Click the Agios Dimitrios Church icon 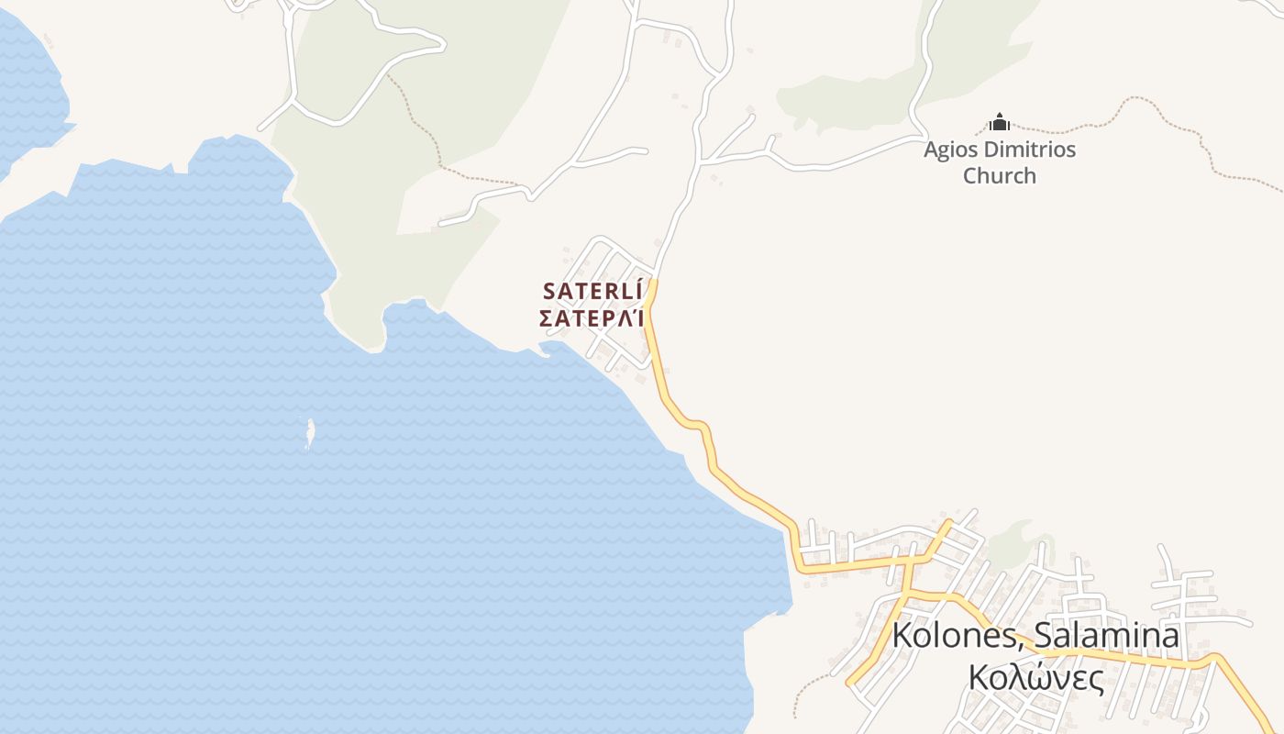tap(999, 122)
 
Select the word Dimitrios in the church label tap(1029, 149)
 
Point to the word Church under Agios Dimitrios tap(999, 175)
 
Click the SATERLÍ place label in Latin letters tap(592, 291)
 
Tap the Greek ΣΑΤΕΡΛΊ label tap(592, 319)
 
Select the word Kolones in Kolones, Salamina tap(953, 636)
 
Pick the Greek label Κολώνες tap(1035, 677)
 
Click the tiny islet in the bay tap(309, 433)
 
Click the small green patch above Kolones tap(1015, 541)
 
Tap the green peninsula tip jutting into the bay tap(371, 335)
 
